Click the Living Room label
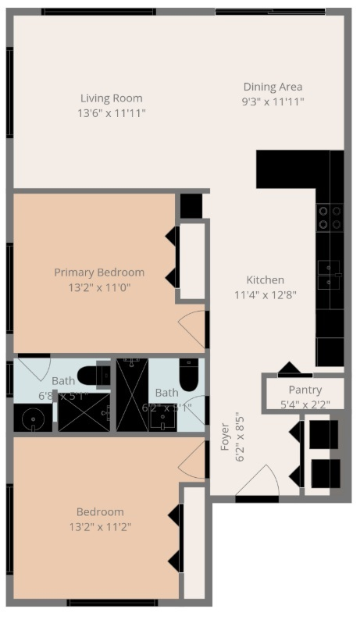point(112,98)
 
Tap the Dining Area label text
point(273,87)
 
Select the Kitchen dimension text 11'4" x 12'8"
point(265,294)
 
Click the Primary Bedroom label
point(99,272)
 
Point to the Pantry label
point(305,390)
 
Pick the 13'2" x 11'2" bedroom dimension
point(100,526)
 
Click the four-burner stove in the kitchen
point(330,216)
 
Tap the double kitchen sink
point(329,272)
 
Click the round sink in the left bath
point(33,418)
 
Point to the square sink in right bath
point(164,421)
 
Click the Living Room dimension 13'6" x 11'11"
point(112,113)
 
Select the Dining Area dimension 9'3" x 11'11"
point(273,102)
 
